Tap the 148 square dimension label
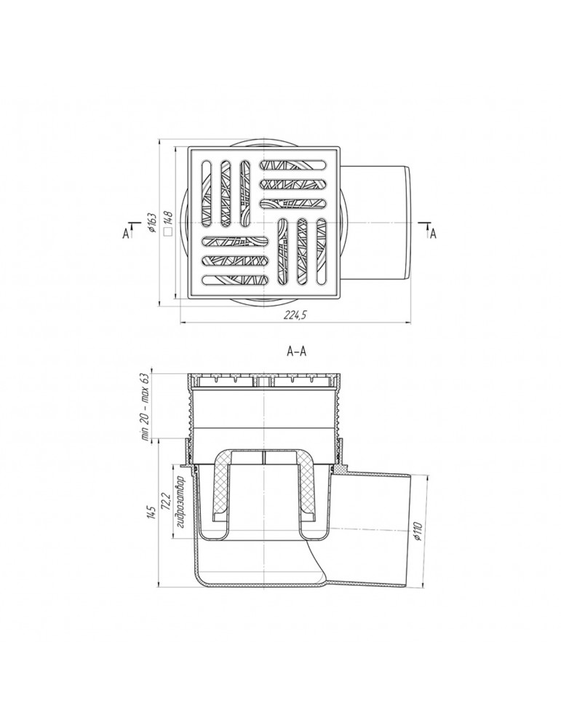168,217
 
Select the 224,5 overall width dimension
295,314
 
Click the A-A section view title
297,352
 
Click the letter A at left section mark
125,234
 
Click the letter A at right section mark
434,234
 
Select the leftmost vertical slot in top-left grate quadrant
207,194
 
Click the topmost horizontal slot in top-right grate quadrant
293,165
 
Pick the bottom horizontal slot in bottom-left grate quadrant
236,280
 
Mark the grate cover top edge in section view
263,374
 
